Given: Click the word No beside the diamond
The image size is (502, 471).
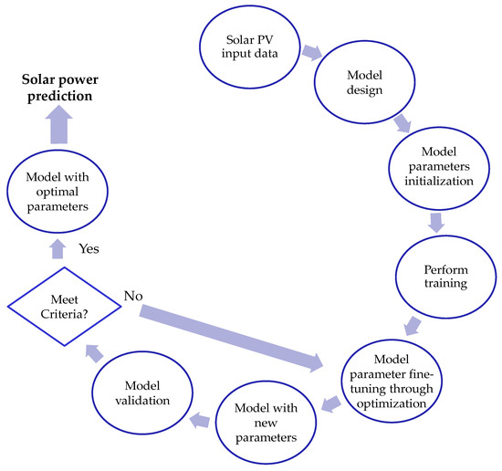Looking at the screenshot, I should [x=133, y=297].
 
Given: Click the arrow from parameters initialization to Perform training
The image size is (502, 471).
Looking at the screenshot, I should [x=436, y=222].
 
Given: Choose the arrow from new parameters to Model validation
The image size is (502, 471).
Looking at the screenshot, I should [x=200, y=419].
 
